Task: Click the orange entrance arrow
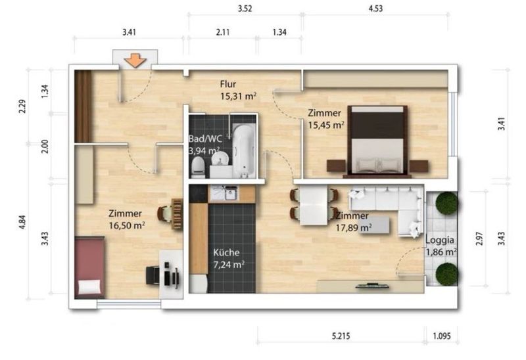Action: [x=135, y=60]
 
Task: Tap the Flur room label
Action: [x=228, y=84]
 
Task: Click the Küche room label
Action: [x=226, y=252]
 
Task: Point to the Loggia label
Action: [x=440, y=240]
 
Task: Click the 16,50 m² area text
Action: [x=127, y=225]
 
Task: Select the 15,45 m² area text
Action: [x=326, y=125]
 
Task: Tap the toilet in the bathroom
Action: [x=198, y=168]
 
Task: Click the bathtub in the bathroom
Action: [x=244, y=150]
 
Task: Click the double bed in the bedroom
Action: [x=377, y=141]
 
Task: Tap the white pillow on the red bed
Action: [x=89, y=287]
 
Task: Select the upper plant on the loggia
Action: [x=446, y=203]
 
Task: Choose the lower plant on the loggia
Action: [x=446, y=274]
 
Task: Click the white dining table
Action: [x=314, y=206]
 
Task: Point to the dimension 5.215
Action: [x=341, y=336]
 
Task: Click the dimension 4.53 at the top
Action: [x=375, y=9]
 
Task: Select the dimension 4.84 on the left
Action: [x=22, y=223]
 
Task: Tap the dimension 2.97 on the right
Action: [x=480, y=238]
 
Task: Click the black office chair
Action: [x=153, y=275]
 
